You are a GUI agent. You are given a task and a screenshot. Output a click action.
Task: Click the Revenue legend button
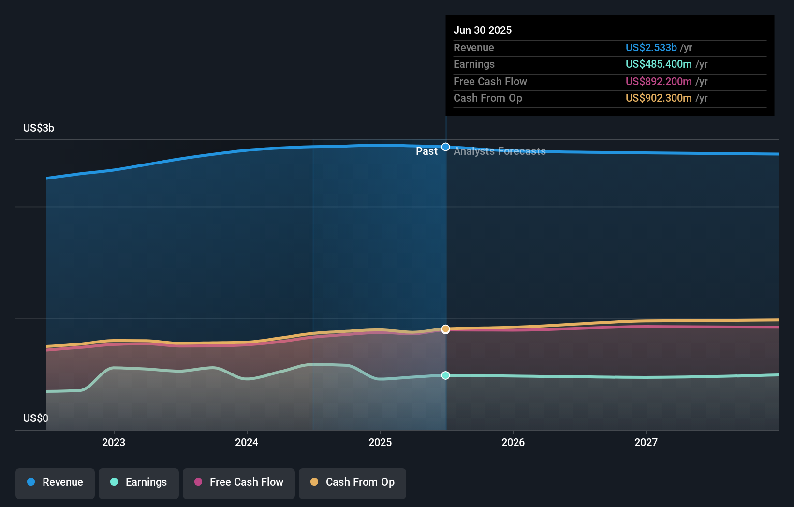pyautogui.click(x=55, y=482)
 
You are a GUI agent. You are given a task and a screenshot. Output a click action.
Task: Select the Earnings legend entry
pyautogui.click(x=139, y=482)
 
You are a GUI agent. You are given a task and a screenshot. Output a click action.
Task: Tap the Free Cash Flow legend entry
pyautogui.click(x=239, y=482)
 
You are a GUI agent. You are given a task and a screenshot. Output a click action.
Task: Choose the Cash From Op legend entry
pyautogui.click(x=353, y=482)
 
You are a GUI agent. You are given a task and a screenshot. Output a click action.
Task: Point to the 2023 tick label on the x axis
pyautogui.click(x=114, y=442)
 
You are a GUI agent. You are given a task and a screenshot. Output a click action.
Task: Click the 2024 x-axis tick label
pyautogui.click(x=247, y=442)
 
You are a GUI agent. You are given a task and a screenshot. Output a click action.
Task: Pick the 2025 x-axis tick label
pyautogui.click(x=380, y=442)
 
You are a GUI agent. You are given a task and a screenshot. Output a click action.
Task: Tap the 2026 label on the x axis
pyautogui.click(x=513, y=442)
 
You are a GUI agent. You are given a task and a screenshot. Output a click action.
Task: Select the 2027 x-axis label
pyautogui.click(x=646, y=442)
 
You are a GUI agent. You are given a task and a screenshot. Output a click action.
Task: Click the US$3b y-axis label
pyautogui.click(x=39, y=128)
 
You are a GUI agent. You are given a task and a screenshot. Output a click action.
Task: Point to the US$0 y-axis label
pyautogui.click(x=36, y=418)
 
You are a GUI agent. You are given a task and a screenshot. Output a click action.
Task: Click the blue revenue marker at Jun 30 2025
pyautogui.click(x=446, y=147)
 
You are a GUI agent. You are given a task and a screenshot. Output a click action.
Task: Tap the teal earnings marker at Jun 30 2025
pyautogui.click(x=446, y=375)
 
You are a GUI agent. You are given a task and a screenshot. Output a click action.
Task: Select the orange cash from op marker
pyautogui.click(x=446, y=329)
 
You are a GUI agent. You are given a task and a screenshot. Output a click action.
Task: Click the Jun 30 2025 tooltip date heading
pyautogui.click(x=483, y=30)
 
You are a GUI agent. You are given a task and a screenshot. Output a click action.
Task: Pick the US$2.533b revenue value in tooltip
pyautogui.click(x=651, y=47)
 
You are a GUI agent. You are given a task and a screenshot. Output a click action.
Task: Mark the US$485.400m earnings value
pyautogui.click(x=659, y=64)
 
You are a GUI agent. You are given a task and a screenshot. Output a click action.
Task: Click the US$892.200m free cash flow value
pyautogui.click(x=659, y=81)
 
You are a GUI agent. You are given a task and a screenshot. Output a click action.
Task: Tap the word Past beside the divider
pyautogui.click(x=426, y=151)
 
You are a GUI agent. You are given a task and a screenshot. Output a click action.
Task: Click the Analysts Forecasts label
pyautogui.click(x=500, y=151)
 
